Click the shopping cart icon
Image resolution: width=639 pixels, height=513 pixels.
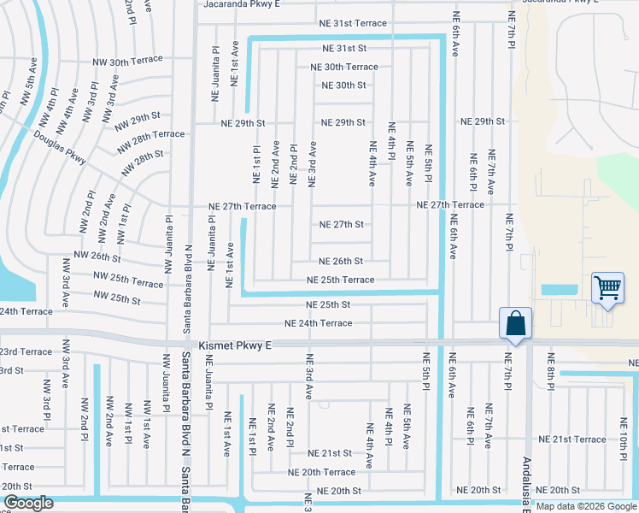607,287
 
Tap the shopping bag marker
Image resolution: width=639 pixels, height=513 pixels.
516,324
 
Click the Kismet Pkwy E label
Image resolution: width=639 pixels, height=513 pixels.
234,345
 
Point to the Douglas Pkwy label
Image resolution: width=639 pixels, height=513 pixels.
60,147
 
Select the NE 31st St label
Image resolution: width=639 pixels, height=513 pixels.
343,48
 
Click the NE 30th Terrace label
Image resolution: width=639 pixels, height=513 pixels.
343,67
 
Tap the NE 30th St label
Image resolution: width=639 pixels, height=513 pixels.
343,85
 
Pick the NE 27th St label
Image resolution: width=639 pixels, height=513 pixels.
342,225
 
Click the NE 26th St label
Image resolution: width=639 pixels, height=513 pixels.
340,262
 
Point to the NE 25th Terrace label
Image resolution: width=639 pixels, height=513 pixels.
340,280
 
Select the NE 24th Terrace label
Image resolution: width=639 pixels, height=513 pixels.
318,323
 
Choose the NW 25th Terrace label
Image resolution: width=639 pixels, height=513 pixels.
128,283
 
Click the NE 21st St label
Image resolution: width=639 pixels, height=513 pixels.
330,453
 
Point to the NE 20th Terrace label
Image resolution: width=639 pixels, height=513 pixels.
321,472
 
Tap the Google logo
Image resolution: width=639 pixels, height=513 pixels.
27,504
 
